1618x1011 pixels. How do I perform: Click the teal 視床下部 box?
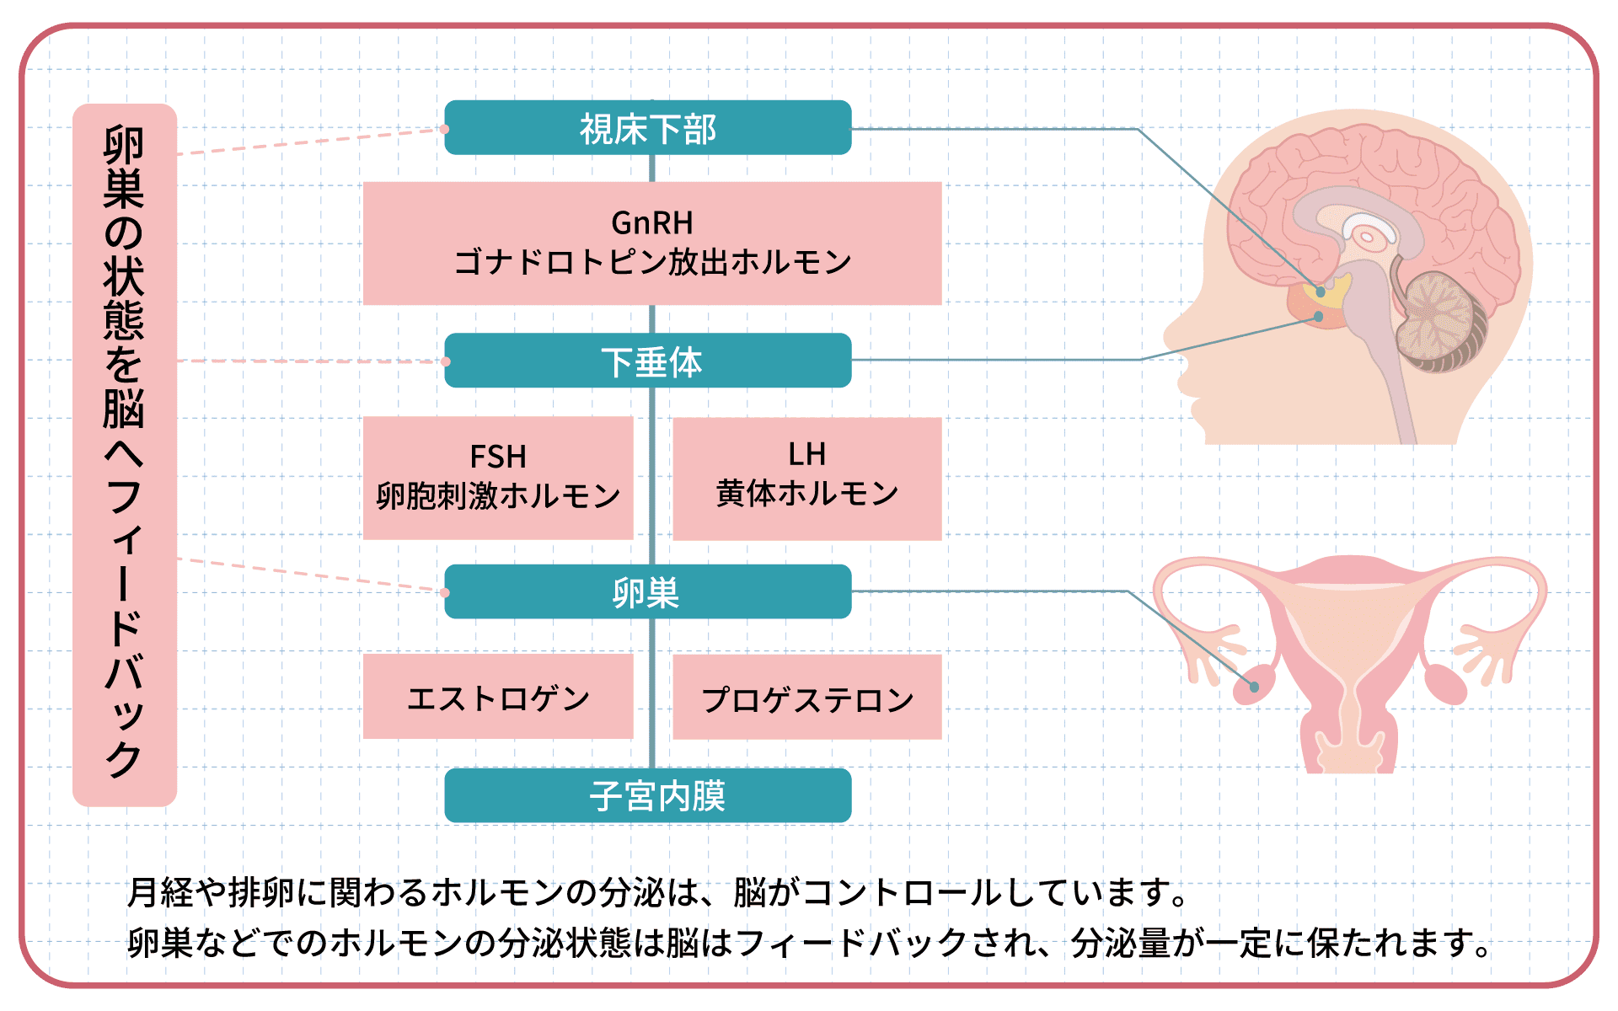648,128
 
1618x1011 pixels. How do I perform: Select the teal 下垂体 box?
648,361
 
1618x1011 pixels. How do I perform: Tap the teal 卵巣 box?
648,592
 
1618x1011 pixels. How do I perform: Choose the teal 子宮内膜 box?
648,795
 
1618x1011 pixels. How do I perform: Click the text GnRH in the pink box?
652,223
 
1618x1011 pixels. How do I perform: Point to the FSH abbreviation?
498,457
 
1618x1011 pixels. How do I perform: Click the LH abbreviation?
806,455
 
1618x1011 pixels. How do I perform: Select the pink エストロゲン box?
498,697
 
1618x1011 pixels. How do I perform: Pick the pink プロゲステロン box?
807,697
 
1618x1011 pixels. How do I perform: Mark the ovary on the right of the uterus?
1446,685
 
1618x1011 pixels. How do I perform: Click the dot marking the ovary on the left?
1254,687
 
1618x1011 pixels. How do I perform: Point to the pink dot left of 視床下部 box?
445,129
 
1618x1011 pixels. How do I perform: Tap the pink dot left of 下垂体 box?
446,361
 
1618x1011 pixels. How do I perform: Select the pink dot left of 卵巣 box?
445,592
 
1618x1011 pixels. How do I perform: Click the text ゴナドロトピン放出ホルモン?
652,262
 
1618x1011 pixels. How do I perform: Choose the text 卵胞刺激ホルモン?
498,495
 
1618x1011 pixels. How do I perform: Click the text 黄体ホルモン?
806,493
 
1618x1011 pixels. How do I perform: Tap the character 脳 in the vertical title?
124,408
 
